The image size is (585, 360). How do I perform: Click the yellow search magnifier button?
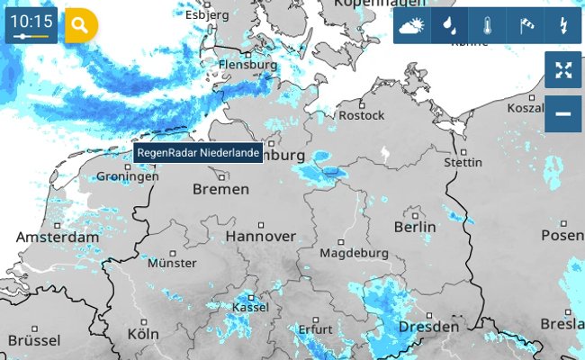[x=80, y=25]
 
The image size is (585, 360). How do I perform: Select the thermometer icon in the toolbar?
[x=486, y=25]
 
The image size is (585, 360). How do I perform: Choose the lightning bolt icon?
[x=563, y=25]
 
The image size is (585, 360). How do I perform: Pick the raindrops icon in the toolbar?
[x=447, y=25]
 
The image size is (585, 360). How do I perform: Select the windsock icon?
[x=526, y=25]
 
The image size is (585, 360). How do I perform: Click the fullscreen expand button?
[x=563, y=70]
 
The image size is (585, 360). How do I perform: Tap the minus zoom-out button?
[x=563, y=114]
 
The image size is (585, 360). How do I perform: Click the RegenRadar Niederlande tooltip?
[x=199, y=153]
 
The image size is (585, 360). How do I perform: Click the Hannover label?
[x=260, y=236]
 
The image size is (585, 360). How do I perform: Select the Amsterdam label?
[x=58, y=237]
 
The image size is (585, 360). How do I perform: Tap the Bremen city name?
[x=220, y=189]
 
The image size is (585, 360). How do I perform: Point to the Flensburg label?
[x=247, y=65]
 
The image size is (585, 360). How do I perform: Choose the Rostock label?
[x=360, y=115]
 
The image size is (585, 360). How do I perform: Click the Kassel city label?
[x=250, y=308]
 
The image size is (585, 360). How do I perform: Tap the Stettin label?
[x=463, y=163]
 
